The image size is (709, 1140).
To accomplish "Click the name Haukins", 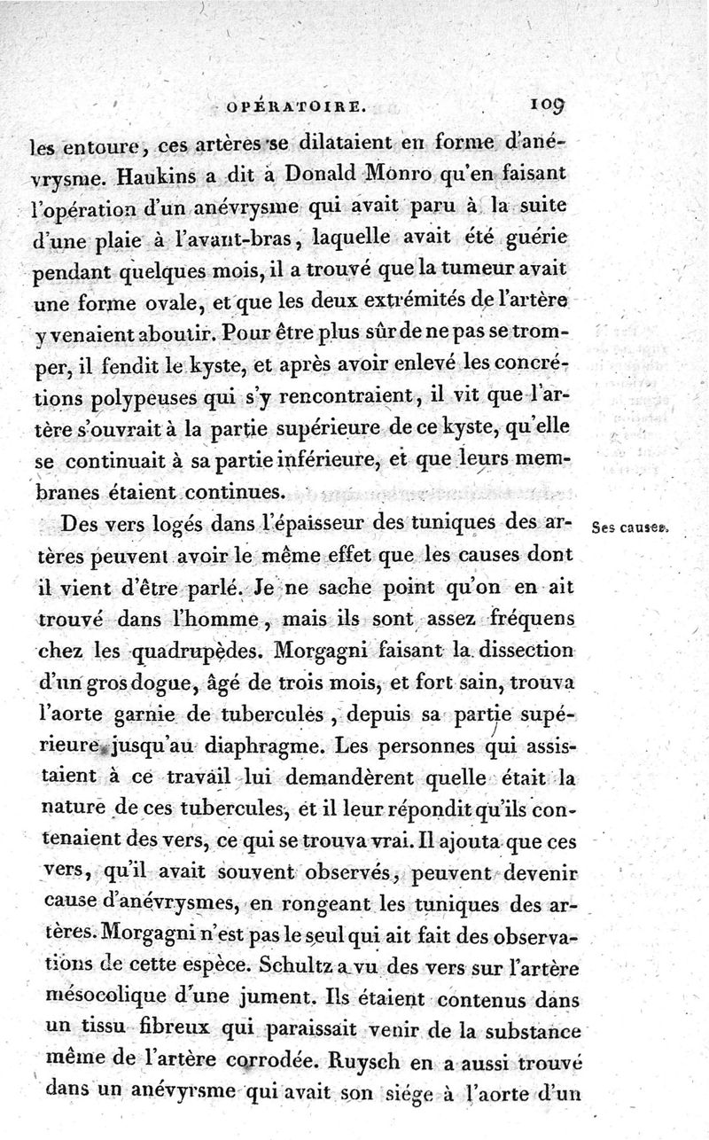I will tap(154, 176).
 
